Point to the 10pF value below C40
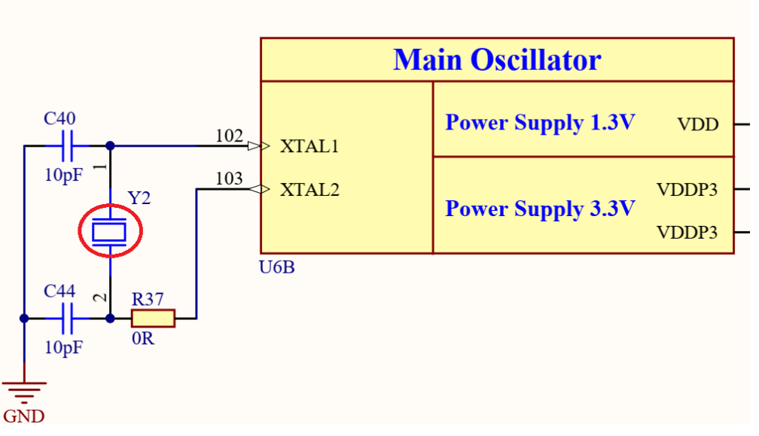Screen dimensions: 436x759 click(65, 175)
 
